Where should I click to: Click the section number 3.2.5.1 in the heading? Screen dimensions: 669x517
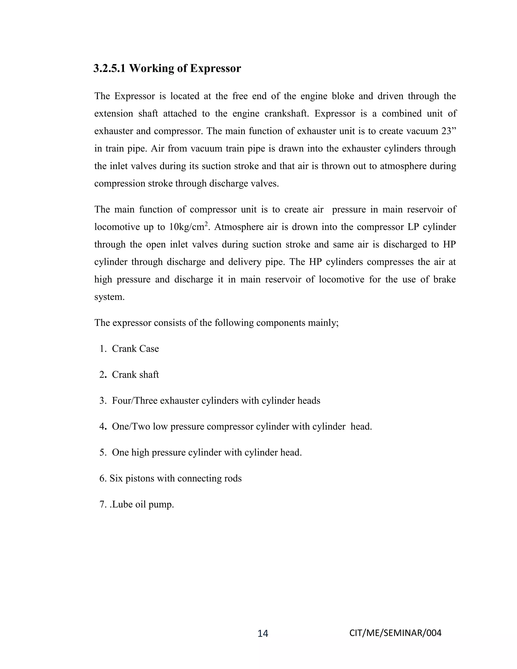109,68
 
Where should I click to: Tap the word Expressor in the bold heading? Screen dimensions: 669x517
215,68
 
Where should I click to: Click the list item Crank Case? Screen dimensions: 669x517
135,349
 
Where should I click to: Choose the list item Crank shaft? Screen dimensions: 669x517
135,375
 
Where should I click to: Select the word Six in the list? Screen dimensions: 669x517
116,478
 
